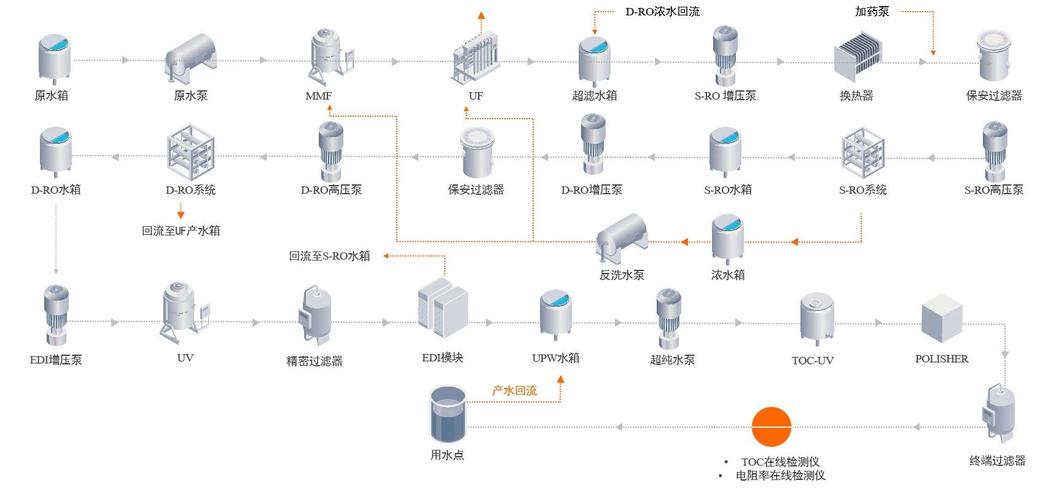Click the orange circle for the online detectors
(x=771, y=427)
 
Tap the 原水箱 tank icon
(x=55, y=58)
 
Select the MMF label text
(x=318, y=96)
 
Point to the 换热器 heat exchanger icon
(x=858, y=57)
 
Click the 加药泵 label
(x=872, y=12)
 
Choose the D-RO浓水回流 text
(x=662, y=12)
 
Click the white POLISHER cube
(x=941, y=318)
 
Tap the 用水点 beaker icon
(x=448, y=414)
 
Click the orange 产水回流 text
(x=514, y=390)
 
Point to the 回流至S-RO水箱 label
(x=329, y=256)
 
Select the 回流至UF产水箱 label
(x=181, y=231)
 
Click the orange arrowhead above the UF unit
(x=482, y=15)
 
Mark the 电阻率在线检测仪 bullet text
(x=780, y=475)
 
